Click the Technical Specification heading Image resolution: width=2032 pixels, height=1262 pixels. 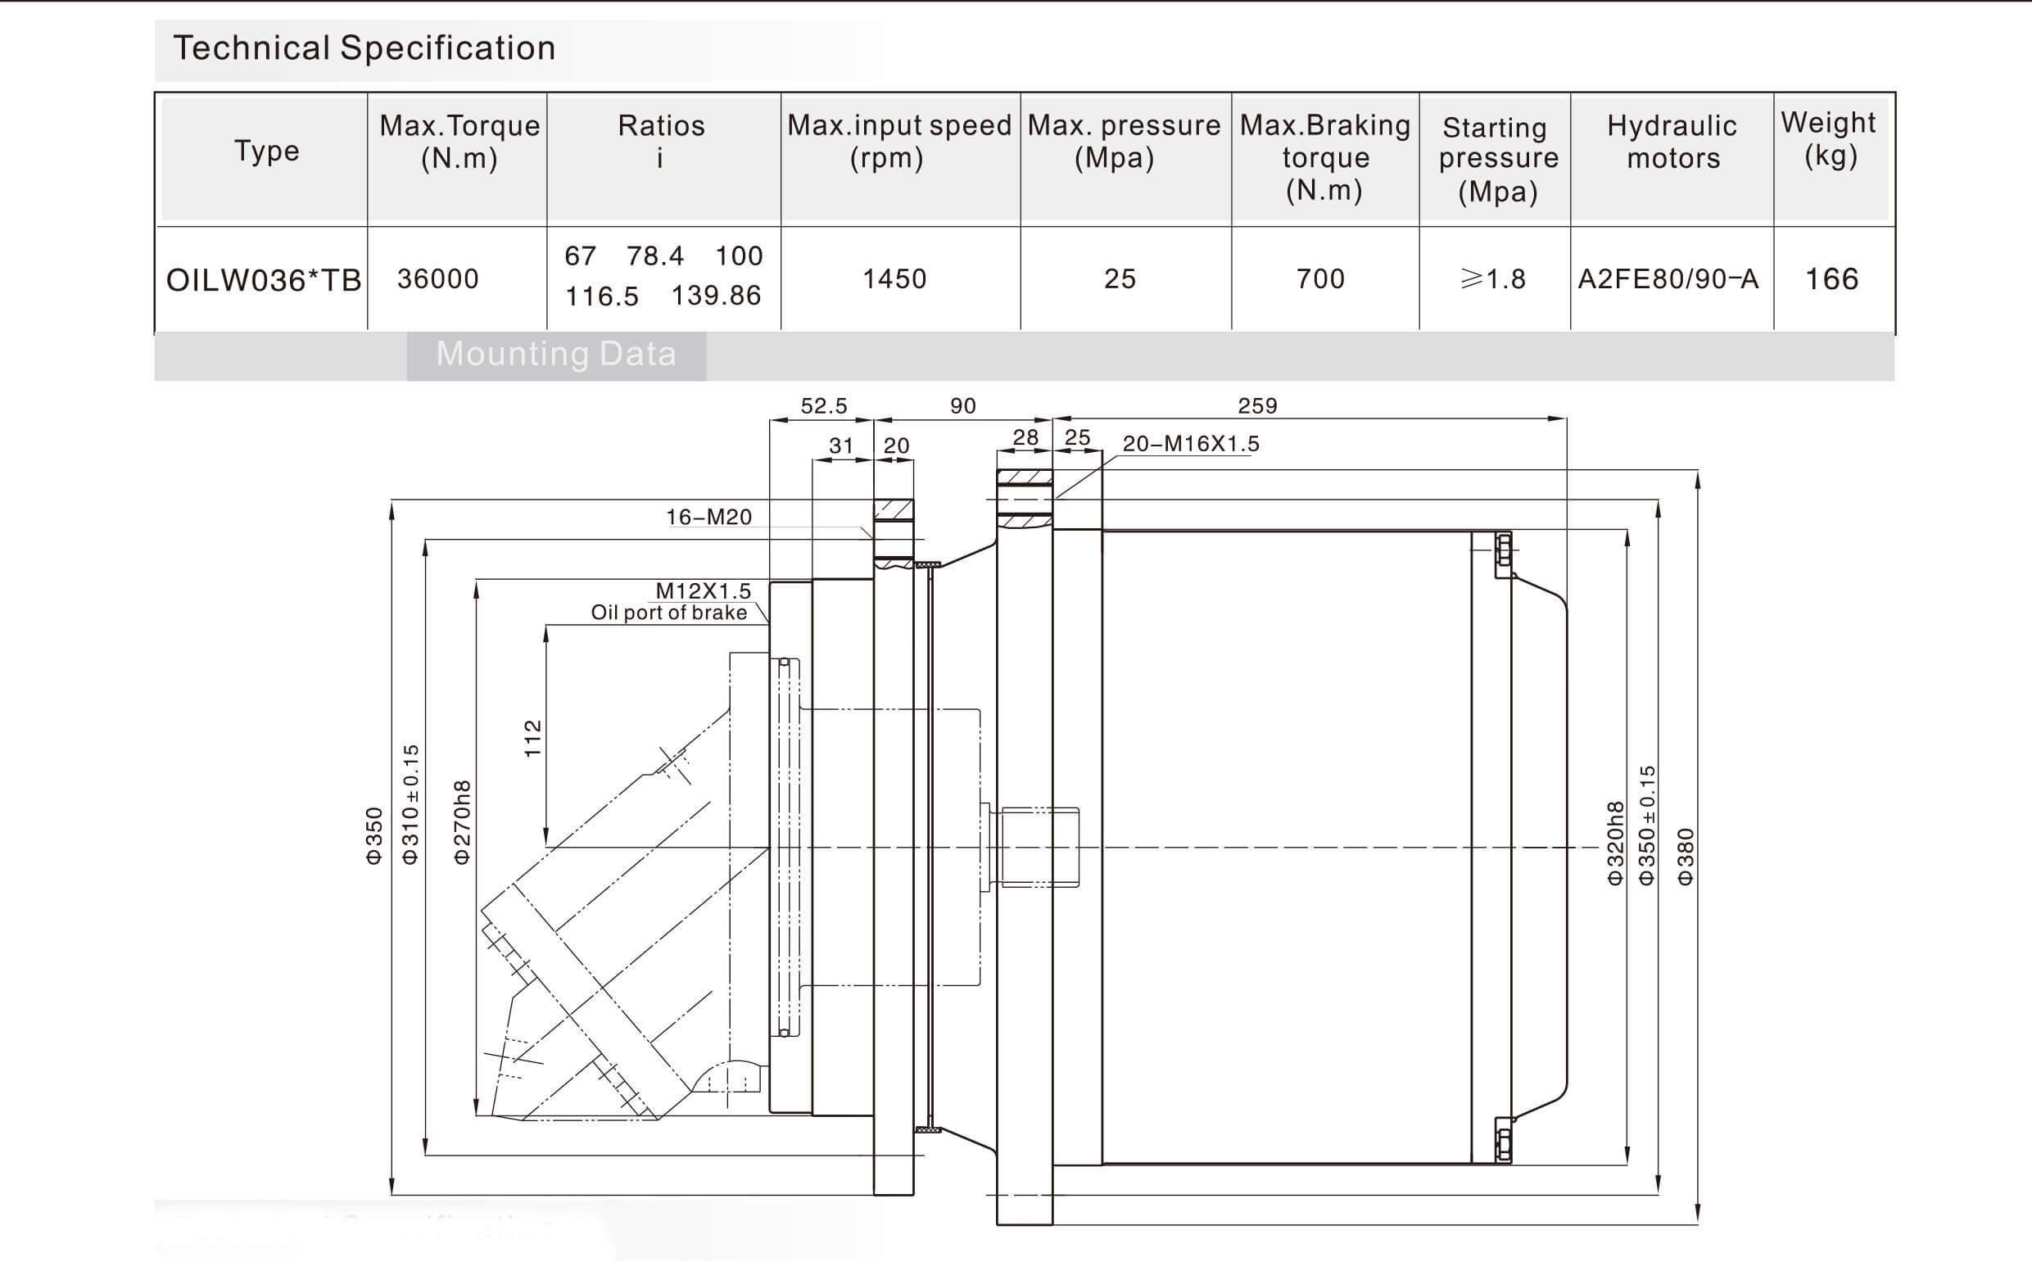[x=364, y=48]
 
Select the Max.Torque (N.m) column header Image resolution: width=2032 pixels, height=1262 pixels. [x=459, y=142]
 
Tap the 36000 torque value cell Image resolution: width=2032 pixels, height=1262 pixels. [x=438, y=278]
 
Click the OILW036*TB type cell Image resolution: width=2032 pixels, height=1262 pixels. [x=264, y=280]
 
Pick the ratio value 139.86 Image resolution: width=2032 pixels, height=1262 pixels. [x=716, y=296]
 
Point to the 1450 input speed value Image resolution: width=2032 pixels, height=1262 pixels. [x=894, y=278]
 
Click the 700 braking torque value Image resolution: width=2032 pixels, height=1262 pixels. [x=1320, y=278]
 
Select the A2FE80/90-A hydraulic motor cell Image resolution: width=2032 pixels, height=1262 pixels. [x=1668, y=278]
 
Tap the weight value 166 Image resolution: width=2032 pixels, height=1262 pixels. [x=1831, y=278]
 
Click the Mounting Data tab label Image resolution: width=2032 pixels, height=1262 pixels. [x=556, y=355]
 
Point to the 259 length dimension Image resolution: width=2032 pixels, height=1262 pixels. [x=1256, y=405]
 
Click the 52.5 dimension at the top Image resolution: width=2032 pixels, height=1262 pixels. [x=824, y=405]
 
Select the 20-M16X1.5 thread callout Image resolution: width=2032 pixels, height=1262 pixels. [x=1191, y=444]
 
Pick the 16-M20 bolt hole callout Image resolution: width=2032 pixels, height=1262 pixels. [x=708, y=518]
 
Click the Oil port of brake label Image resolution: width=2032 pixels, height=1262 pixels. [x=668, y=613]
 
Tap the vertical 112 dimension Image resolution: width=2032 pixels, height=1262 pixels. [x=532, y=738]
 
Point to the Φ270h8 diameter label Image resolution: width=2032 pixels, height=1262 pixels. [x=462, y=822]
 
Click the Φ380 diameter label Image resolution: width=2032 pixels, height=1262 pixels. [x=1685, y=856]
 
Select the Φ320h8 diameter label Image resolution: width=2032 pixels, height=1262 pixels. [x=1616, y=842]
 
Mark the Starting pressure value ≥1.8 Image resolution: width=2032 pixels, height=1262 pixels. [x=1493, y=278]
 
